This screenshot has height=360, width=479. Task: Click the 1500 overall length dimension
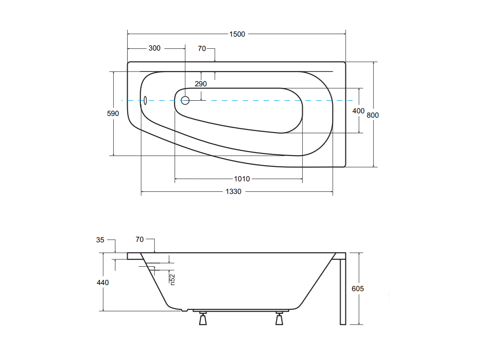tap(237, 34)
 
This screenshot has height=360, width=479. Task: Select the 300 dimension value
tap(154, 48)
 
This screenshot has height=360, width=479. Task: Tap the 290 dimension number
tap(201, 84)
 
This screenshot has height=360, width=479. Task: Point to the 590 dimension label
tap(113, 113)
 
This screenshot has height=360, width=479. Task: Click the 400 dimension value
tap(358, 111)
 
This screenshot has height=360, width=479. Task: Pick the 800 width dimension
tap(373, 115)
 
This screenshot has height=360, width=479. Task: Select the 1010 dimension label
tap(242, 179)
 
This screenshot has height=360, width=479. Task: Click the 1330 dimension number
tap(233, 191)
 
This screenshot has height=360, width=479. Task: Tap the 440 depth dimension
tap(103, 282)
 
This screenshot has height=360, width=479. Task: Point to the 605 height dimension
tap(358, 289)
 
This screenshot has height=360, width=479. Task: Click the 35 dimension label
tap(100, 240)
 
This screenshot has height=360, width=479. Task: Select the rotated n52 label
tap(172, 279)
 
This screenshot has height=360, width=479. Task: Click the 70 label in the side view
tap(140, 239)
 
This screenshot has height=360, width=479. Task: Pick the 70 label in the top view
tap(202, 49)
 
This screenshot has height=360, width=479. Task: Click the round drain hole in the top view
tap(185, 100)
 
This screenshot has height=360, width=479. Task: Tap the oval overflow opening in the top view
tap(145, 100)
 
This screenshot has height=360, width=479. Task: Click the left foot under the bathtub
tap(203, 319)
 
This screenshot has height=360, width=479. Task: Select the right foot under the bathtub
tap(279, 319)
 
